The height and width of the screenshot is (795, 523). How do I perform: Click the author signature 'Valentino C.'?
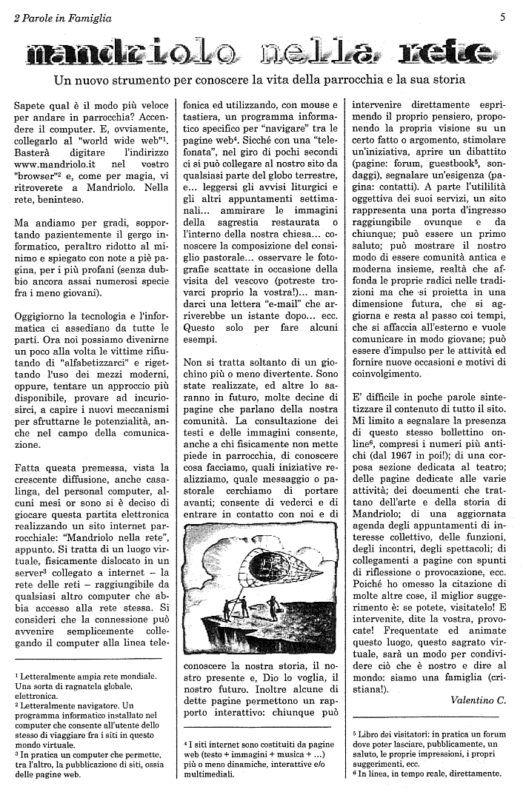(479, 700)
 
